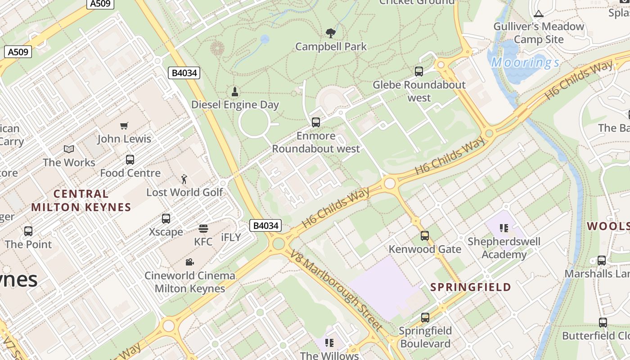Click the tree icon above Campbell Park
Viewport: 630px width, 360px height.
pos(330,33)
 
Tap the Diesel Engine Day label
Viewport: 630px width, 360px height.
pos(235,104)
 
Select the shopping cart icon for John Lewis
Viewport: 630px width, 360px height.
pos(124,126)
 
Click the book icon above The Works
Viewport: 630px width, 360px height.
pos(69,149)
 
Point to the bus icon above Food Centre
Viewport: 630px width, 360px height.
pos(130,160)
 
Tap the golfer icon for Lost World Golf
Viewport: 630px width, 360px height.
pos(184,179)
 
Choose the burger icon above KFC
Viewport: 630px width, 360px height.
pos(203,229)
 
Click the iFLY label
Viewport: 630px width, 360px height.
pos(231,238)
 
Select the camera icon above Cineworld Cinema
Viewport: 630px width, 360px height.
pos(190,262)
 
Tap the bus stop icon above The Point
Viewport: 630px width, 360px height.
pos(28,231)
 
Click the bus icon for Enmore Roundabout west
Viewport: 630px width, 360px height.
pos(316,122)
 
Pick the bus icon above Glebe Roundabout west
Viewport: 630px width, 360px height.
pos(419,71)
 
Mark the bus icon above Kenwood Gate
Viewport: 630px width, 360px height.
pos(425,236)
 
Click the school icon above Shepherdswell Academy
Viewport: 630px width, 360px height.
pos(504,228)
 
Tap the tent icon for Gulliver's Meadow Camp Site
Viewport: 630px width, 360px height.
pos(539,13)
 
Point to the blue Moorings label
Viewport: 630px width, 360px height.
pos(525,63)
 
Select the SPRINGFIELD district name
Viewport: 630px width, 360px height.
pos(471,287)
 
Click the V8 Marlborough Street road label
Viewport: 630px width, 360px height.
pos(337,290)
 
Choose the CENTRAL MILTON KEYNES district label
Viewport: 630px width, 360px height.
pos(81,201)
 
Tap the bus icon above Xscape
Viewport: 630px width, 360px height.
pos(166,219)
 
